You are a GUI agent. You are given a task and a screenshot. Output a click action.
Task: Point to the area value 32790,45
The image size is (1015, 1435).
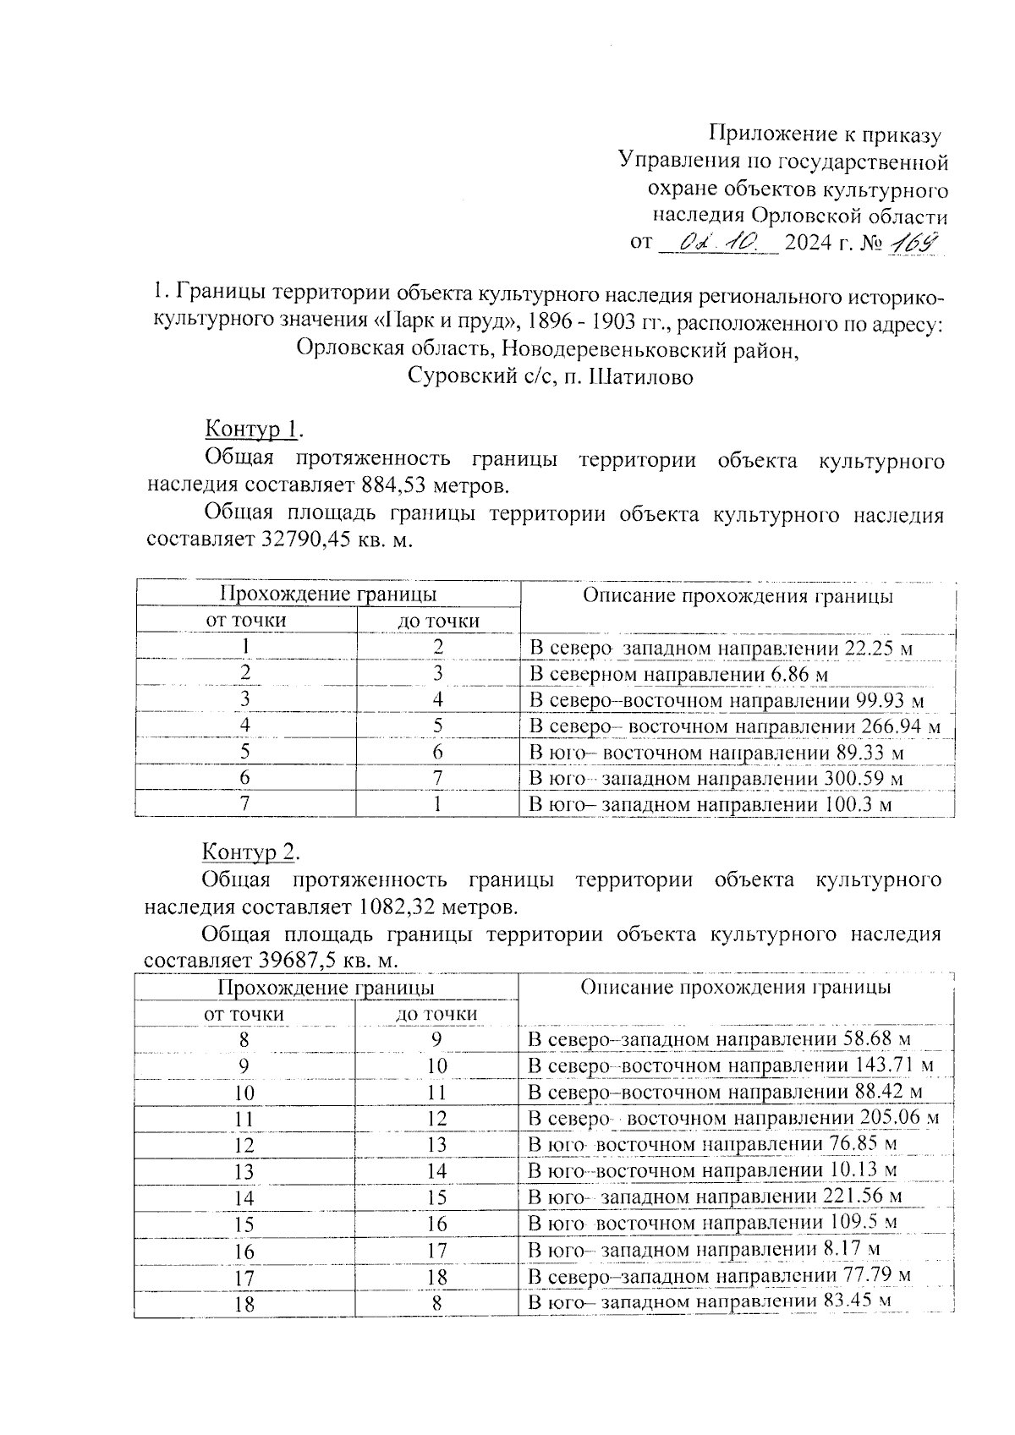pos(288,539)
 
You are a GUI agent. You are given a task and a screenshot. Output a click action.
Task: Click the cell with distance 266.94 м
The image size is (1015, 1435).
pos(734,726)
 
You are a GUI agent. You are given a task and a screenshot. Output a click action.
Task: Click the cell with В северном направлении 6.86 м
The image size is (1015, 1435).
pos(678,674)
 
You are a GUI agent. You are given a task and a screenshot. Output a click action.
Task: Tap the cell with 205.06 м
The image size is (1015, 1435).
pos(732,1119)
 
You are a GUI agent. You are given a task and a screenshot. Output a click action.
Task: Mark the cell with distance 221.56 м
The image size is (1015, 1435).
pos(715,1197)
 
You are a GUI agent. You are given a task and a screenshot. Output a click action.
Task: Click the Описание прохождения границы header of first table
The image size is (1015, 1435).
pos(738,596)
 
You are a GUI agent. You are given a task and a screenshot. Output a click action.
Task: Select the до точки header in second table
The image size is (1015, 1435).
pos(436,1014)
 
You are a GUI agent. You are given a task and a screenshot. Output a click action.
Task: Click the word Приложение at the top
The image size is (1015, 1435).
pos(771,134)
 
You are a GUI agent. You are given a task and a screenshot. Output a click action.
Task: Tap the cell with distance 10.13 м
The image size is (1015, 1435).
pos(712,1171)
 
